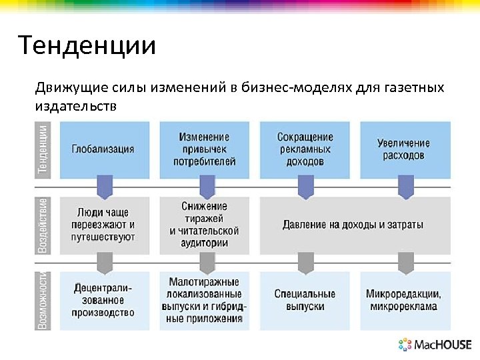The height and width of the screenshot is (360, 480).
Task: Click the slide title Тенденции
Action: (87, 46)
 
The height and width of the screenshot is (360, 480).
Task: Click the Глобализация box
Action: (103, 149)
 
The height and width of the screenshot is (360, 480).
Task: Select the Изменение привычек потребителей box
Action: (204, 149)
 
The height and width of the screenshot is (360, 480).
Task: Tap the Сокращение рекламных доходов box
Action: (305, 149)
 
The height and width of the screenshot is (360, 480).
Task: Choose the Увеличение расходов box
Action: (403, 149)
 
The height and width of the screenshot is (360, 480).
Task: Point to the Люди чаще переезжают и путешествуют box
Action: (103, 225)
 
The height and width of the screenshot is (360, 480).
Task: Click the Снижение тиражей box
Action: (204, 225)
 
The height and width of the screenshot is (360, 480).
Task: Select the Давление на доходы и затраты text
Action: (353, 225)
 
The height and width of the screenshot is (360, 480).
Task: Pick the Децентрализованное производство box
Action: (103, 300)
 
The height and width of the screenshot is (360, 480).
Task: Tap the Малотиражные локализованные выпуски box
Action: (204, 300)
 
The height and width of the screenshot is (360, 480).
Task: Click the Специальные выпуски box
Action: (305, 300)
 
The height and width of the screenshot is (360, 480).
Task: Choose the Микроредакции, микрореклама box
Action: (403, 300)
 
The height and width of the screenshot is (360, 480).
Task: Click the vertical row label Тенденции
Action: (43, 149)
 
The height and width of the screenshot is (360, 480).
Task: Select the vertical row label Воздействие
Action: (43, 225)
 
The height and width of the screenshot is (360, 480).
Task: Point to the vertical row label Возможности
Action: (43, 300)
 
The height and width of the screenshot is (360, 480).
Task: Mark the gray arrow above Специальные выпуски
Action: (305, 263)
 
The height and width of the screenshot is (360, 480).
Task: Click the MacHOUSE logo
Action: (435, 345)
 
